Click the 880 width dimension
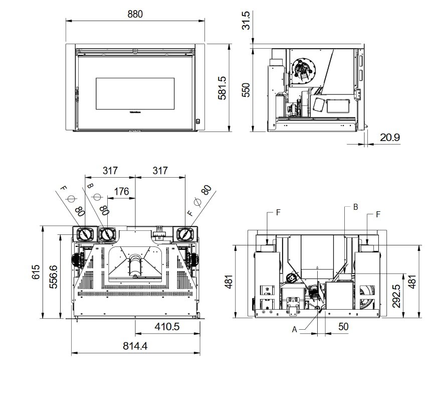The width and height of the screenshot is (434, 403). coord(135,14)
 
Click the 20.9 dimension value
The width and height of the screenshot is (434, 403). coord(389,137)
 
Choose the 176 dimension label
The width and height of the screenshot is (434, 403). coord(122,191)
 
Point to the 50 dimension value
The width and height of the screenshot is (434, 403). coord(343,327)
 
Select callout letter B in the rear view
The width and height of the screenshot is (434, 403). coord(355,206)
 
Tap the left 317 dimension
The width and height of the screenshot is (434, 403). coord(110,171)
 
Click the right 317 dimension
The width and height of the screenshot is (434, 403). coord(160,171)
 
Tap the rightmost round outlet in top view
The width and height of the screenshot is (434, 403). coord(184,234)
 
